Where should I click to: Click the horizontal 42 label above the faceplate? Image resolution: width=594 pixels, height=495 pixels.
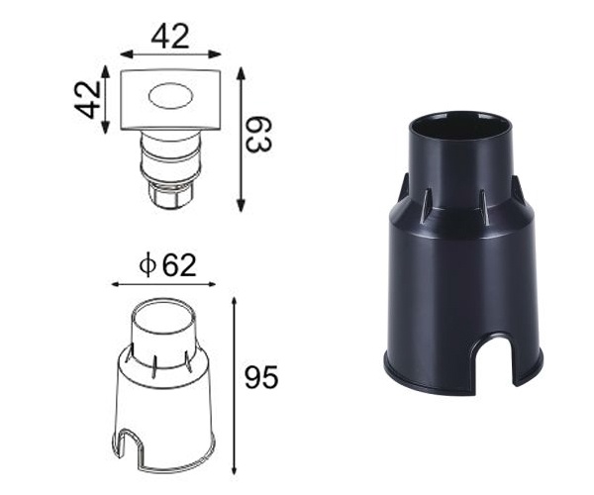170,37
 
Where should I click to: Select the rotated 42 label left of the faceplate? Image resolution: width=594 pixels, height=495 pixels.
90,99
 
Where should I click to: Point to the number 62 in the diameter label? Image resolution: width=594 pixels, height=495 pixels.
178,265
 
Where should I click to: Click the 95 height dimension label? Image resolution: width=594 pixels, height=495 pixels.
261,377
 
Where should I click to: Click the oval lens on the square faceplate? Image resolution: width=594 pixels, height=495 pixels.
169,98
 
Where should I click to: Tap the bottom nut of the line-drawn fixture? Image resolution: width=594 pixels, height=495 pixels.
168,198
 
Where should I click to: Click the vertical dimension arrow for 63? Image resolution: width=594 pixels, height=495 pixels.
240,139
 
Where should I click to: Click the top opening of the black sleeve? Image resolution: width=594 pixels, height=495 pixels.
463,127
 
